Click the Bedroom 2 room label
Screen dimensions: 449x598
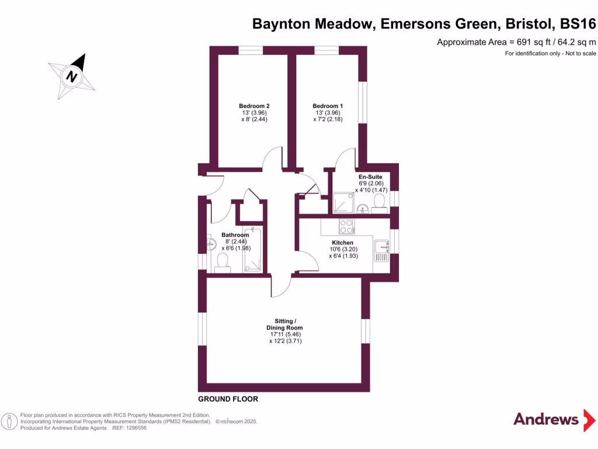click(x=255, y=106)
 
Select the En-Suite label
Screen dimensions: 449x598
click(x=370, y=176)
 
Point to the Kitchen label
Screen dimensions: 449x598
click(x=342, y=243)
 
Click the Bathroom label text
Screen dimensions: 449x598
click(x=235, y=235)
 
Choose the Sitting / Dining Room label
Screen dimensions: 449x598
click(x=286, y=324)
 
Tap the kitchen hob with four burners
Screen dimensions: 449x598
click(x=346, y=226)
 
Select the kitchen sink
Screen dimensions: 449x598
click(x=382, y=250)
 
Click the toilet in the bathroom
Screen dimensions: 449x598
click(x=222, y=261)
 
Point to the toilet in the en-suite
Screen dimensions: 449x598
click(x=378, y=202)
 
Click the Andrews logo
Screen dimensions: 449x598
click(x=546, y=419)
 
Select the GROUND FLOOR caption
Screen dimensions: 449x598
click(x=228, y=399)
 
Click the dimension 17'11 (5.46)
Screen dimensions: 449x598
click(x=286, y=334)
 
